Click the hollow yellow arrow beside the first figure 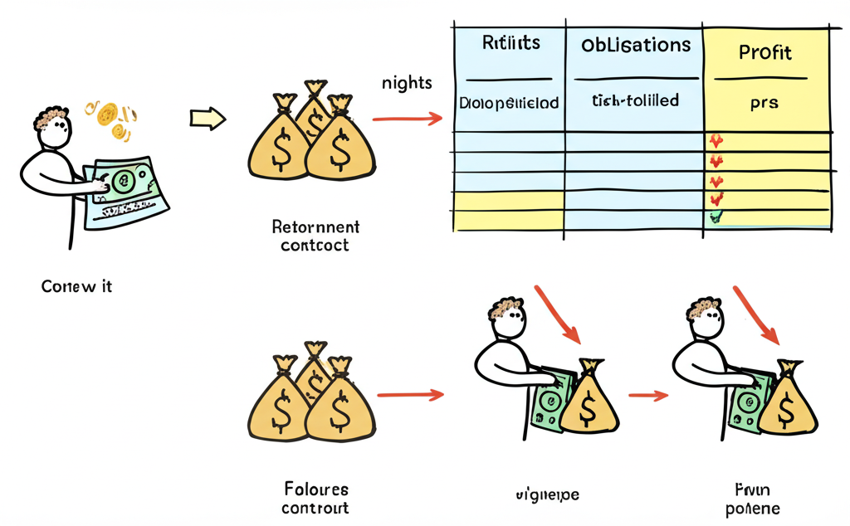[208, 119]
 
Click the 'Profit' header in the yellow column [765, 53]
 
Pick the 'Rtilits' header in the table [510, 43]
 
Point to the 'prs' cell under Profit [764, 104]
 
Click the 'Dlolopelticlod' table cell [509, 104]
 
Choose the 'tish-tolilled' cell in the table [635, 100]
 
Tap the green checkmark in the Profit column [716, 217]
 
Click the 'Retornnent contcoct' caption [315, 236]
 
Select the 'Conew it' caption [76, 287]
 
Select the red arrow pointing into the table [407, 119]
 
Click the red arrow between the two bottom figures [648, 396]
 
